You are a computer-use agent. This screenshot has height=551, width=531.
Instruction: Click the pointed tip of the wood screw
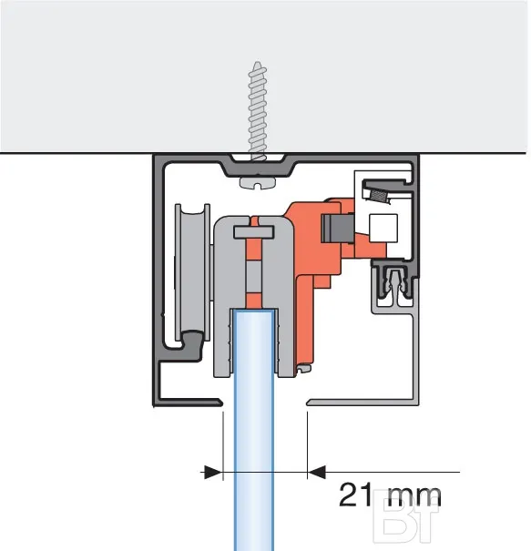pos(258,63)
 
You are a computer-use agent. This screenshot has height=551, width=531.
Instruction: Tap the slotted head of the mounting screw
pos(258,183)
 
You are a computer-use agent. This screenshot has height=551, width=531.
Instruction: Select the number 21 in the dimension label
pos(355,495)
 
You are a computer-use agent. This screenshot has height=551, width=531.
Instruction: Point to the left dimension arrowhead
pos(213,472)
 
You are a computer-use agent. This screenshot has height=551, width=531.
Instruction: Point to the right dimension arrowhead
pos(317,472)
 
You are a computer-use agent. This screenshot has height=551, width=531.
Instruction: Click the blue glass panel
pos(254,429)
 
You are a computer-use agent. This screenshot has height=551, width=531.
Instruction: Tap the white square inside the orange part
pos(383,228)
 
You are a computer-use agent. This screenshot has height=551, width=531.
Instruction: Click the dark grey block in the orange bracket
pos(337,228)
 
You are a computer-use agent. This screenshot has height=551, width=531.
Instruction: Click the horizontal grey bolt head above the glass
pos(254,232)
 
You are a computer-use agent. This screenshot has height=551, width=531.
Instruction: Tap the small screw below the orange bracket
pos(304,369)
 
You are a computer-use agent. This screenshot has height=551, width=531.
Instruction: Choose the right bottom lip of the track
pos(362,402)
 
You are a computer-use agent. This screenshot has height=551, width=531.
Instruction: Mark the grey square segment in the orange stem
pos(253,277)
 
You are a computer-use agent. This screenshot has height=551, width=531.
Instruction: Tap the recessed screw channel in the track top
pos(259,165)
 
